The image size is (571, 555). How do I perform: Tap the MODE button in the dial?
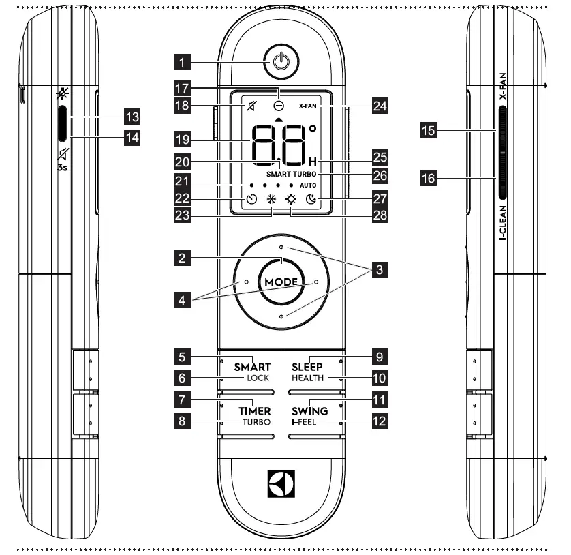tap(281, 281)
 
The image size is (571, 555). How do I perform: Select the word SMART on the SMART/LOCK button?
tap(253, 366)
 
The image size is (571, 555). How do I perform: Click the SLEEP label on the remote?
tap(307, 366)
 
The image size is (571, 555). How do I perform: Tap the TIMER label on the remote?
tap(254, 411)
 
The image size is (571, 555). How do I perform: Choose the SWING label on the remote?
tap(310, 411)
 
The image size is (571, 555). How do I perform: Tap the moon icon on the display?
tap(311, 200)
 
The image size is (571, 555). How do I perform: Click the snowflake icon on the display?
tap(271, 200)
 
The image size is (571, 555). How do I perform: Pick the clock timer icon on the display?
tap(251, 200)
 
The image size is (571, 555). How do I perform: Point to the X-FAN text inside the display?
tap(309, 107)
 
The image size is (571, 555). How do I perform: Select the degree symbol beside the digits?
tap(313, 127)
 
